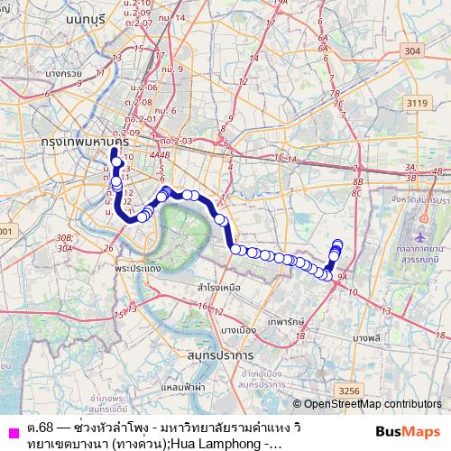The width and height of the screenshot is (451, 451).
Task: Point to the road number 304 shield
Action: coord(412,51)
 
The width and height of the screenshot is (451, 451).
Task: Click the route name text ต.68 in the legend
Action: coord(38,425)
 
